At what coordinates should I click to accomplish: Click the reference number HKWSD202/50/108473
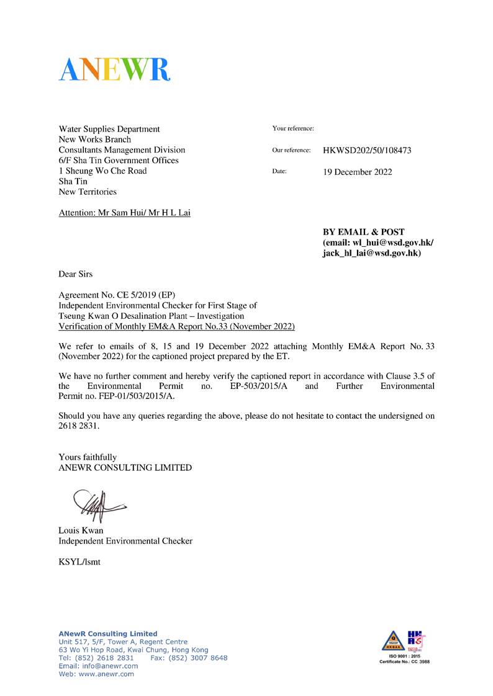tap(367, 150)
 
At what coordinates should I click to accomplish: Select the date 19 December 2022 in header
tap(357, 172)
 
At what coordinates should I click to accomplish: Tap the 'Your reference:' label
tap(292, 128)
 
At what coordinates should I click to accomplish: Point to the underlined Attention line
tap(124, 213)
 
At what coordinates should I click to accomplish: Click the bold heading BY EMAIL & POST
tap(363, 232)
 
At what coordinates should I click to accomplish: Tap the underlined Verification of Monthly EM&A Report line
tap(176, 326)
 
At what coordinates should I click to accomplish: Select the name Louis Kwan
tap(81, 530)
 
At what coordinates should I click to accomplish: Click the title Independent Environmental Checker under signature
tap(125, 541)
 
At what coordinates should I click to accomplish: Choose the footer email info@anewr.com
tap(109, 666)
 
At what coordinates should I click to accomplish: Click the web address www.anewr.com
tap(106, 674)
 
